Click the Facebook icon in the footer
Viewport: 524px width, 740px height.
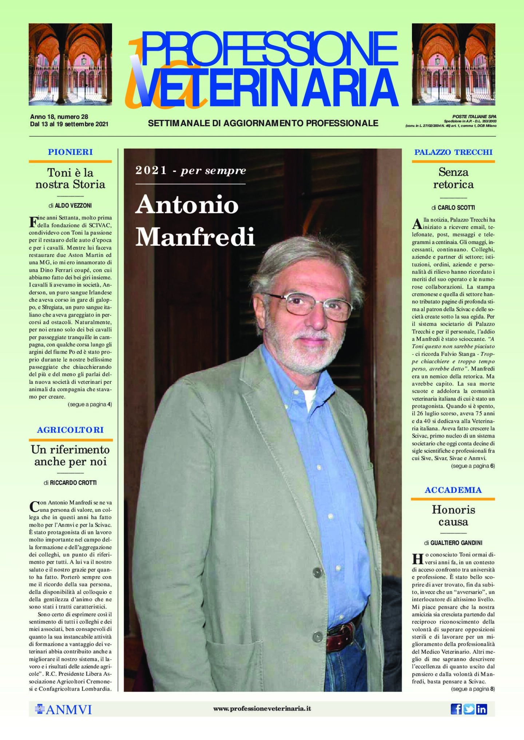(456, 709)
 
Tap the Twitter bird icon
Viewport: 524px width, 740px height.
(469, 709)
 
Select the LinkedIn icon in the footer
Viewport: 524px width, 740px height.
(481, 709)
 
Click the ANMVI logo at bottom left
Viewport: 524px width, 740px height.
(63, 709)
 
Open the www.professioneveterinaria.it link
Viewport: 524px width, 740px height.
(262, 708)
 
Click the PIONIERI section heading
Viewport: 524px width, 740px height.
(70, 152)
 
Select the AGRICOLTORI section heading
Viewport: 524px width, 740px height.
(70, 430)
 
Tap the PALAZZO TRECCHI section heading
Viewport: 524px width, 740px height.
(453, 152)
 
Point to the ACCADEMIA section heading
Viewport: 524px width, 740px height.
(453, 490)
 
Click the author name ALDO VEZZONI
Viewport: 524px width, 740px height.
(73, 205)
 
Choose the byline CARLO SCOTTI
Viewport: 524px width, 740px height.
(456, 208)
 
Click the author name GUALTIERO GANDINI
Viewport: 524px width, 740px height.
(456, 543)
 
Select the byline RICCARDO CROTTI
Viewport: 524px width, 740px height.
(73, 483)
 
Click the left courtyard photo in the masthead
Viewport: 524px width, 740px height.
(70, 64)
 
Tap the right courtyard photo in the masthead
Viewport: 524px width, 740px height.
(453, 64)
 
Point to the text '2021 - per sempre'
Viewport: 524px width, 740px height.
(191, 170)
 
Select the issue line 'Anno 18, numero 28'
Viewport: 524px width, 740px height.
(59, 117)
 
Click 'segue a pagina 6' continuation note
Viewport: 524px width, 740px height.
(473, 466)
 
